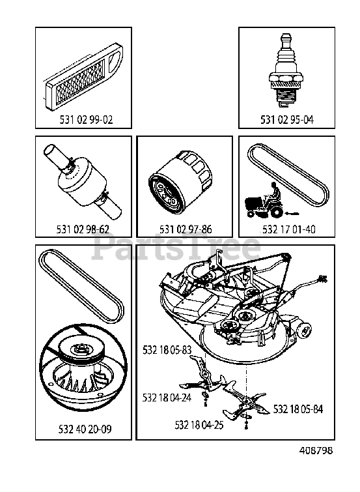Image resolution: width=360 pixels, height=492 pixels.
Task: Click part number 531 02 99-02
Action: (x=86, y=119)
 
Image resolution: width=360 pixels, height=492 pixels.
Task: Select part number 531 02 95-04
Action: (x=287, y=119)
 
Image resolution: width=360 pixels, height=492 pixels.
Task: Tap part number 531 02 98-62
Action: (x=83, y=229)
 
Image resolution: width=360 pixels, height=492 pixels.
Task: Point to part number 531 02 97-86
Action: (x=186, y=229)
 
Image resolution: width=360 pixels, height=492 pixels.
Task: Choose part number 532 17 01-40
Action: (x=289, y=229)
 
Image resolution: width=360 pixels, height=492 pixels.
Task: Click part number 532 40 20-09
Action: (x=85, y=429)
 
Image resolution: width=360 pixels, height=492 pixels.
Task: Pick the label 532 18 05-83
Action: (x=167, y=349)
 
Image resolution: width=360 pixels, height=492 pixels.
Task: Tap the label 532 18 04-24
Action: (x=167, y=398)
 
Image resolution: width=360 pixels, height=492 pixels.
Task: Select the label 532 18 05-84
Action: (x=298, y=409)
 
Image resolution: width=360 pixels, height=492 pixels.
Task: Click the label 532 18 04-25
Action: (x=199, y=425)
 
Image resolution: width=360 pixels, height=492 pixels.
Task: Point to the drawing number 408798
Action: (x=316, y=450)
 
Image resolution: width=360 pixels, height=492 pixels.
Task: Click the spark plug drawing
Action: (x=286, y=70)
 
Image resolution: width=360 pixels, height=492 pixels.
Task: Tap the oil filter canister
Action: (x=180, y=179)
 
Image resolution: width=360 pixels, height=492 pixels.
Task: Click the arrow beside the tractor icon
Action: (x=292, y=214)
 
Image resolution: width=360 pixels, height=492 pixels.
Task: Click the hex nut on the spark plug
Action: (x=286, y=77)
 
